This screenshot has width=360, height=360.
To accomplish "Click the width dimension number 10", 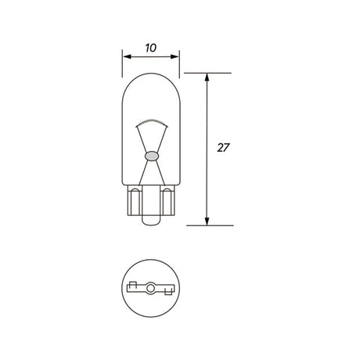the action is coord(151,48).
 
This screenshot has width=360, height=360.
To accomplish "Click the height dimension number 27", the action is coord(223,148).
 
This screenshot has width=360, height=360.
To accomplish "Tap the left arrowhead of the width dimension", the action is coord(127,56).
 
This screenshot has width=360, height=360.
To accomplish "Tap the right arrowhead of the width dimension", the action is coord(175,56).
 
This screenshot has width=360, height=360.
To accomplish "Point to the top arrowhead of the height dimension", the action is coord(207,77).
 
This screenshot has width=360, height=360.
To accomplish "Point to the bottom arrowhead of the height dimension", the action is coord(207,221).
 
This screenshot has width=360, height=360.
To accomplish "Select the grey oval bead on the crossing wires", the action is coord(152,156).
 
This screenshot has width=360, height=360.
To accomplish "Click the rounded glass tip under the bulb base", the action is coord(151,220).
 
